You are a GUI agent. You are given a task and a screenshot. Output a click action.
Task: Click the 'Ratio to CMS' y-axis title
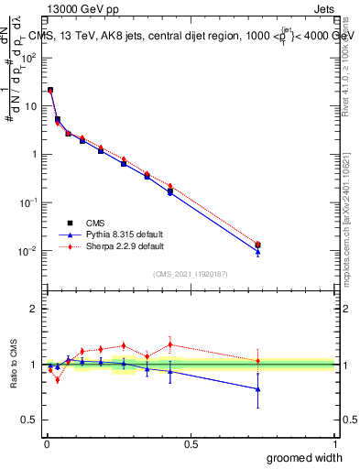pos(14,364)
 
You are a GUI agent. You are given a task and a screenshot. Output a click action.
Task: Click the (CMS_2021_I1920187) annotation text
pos(191,274)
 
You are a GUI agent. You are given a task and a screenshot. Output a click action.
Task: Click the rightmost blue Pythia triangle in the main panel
pos(257,252)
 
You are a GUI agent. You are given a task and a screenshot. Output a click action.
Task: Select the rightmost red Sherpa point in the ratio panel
pos(257,361)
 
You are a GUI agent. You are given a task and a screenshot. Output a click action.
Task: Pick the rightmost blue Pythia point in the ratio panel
pos(257,389)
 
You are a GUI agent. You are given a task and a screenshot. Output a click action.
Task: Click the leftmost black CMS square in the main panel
pos(49,91)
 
